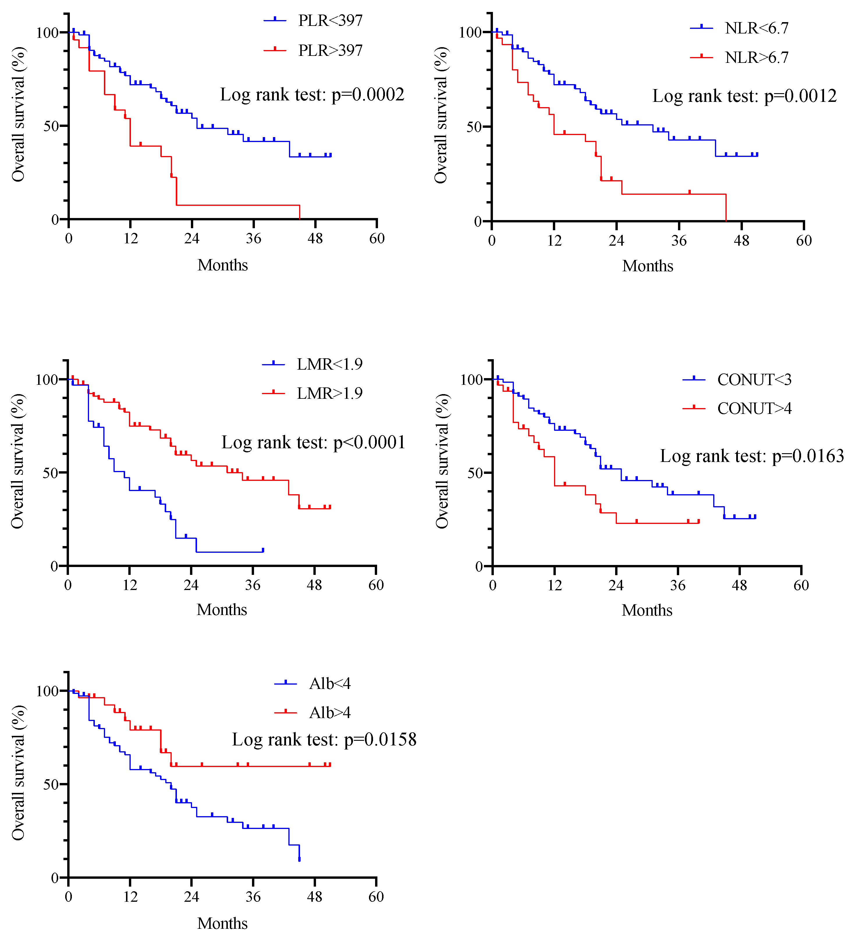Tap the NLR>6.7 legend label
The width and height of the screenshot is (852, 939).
coord(757,57)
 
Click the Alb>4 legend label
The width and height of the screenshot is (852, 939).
coord(330,713)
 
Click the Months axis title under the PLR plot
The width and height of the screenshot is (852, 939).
coord(223,265)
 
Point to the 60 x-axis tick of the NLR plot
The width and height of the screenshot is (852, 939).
coord(804,240)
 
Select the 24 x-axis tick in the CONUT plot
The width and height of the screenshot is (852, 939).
coord(616,585)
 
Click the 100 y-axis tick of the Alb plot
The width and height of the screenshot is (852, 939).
coord(47,691)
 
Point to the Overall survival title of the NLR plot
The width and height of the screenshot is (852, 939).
coord(441,115)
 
